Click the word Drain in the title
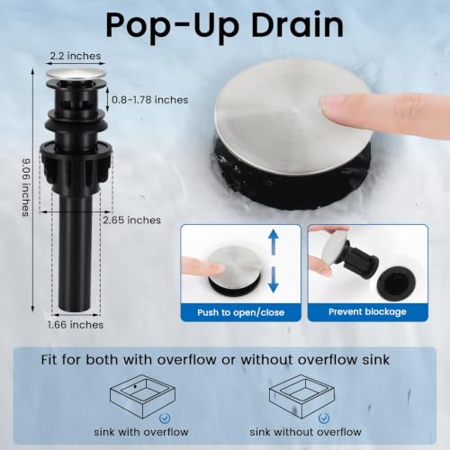(x=297, y=25)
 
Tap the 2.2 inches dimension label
(x=76, y=56)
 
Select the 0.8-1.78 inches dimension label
(x=149, y=100)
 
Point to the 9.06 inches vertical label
(x=26, y=187)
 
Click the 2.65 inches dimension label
(x=131, y=220)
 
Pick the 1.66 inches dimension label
(x=76, y=325)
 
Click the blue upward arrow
(x=274, y=242)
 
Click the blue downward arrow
(x=274, y=280)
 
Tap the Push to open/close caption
(x=240, y=312)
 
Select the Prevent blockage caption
(x=367, y=311)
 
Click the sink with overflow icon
(x=142, y=396)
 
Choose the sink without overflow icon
(x=301, y=396)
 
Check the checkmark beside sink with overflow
(x=165, y=418)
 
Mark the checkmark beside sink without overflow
(x=324, y=418)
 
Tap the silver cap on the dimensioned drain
(x=76, y=74)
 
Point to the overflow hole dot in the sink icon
(x=135, y=386)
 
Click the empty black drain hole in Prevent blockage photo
(x=396, y=283)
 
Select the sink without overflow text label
(x=305, y=432)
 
